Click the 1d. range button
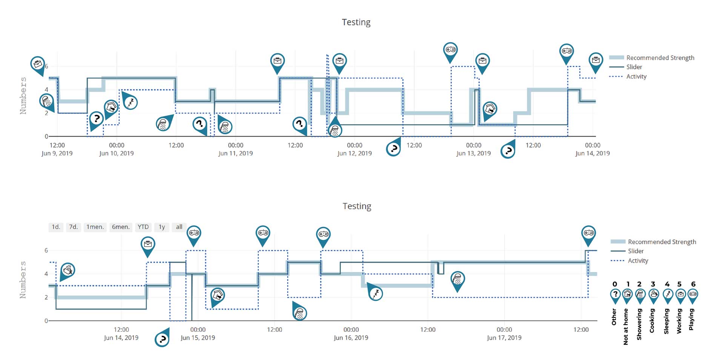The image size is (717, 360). coord(56,227)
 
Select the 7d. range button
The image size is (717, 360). coord(73,227)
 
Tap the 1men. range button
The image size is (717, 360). coord(95,227)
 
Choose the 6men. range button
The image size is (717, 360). coord(121,227)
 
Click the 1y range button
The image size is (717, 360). coord(162,227)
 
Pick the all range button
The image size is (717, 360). coord(179,227)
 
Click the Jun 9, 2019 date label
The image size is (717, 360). coord(57,153)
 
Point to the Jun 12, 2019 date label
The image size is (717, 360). coord(354,153)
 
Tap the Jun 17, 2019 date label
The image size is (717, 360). coord(504,338)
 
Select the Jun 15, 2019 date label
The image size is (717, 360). coord(198,338)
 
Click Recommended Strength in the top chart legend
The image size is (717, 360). coord(660,58)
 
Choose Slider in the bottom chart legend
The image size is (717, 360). coord(635,251)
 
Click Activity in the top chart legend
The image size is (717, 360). coord(636,76)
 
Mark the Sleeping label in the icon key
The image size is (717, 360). coord(666,321)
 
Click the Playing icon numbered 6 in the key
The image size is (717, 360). coord(693,295)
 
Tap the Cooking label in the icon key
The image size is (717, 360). coord(652,321)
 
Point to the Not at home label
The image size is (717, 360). coord(626,326)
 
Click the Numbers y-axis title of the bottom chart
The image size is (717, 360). coord(23,280)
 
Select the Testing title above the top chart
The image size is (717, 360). coord(356,22)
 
